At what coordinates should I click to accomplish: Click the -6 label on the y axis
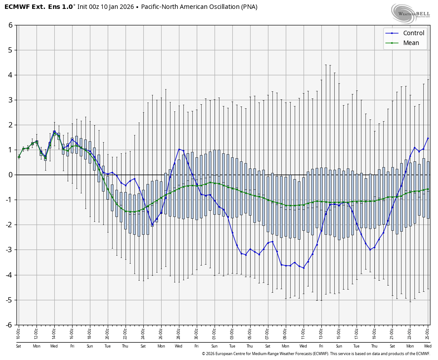(x=9, y=325)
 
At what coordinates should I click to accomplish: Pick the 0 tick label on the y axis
(x=11, y=175)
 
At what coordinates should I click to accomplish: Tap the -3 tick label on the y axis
(x=9, y=250)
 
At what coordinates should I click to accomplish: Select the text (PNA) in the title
(x=249, y=7)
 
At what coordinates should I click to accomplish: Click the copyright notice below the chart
(x=316, y=354)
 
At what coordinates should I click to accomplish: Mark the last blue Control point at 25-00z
(x=428, y=138)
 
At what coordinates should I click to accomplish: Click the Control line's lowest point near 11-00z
(x=304, y=268)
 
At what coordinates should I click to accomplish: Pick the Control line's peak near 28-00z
(x=179, y=149)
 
